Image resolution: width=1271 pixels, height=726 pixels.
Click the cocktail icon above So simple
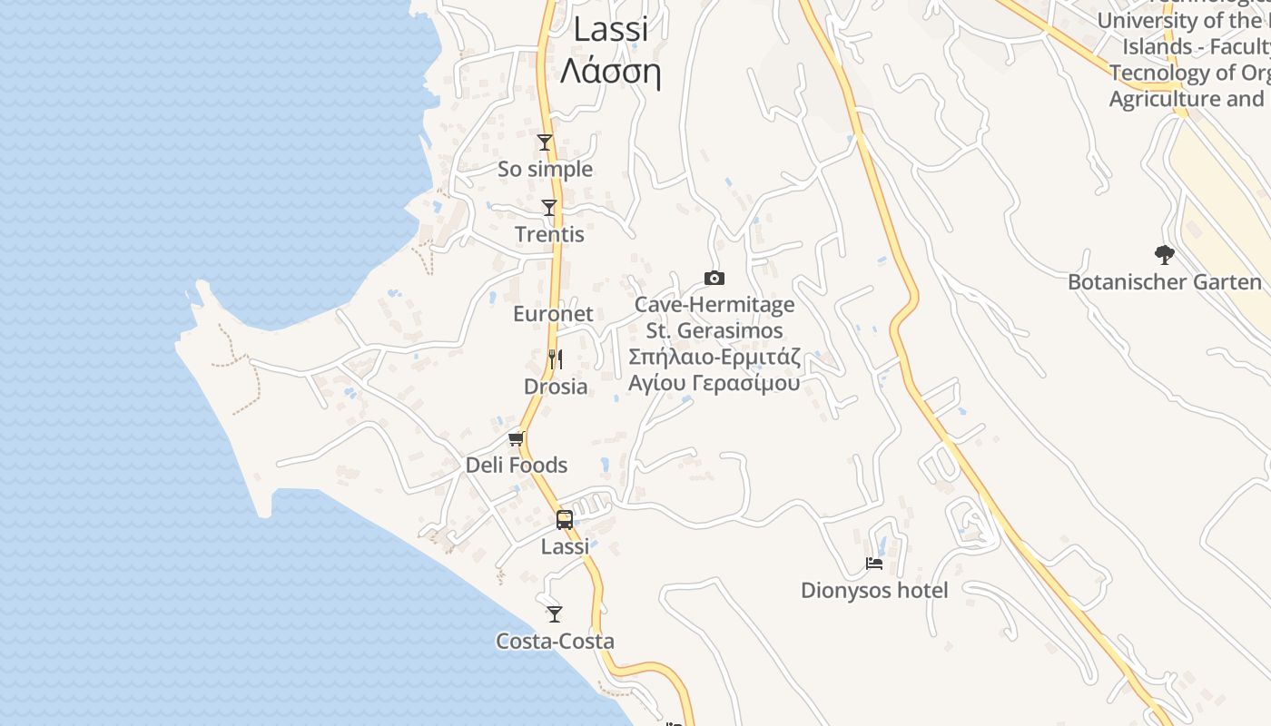coord(545,142)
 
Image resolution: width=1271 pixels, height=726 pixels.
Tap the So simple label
coord(545,170)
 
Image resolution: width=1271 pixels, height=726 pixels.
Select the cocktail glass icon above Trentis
coord(549,208)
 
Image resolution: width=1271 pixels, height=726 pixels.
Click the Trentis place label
coord(549,235)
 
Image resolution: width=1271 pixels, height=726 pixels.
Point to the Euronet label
coord(553,314)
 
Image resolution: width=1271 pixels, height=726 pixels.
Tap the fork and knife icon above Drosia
coord(556,359)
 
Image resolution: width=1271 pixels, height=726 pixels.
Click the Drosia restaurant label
coord(556,387)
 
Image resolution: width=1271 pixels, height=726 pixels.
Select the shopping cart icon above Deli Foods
coord(517,439)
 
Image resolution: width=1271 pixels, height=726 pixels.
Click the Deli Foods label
coord(517,466)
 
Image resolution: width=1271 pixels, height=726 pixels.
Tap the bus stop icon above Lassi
coord(565,520)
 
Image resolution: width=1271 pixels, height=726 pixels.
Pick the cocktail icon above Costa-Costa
coord(555,613)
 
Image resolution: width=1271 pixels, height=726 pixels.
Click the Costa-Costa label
coord(555,642)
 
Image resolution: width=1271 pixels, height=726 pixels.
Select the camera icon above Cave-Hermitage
coord(714,279)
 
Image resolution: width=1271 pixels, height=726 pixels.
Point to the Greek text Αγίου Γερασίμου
coord(714,383)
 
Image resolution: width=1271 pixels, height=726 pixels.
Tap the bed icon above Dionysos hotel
coord(874,564)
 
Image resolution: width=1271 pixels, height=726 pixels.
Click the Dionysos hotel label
coord(874,591)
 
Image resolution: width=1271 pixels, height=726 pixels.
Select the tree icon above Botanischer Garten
coord(1165,255)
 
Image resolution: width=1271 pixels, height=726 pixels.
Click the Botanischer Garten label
coord(1165,282)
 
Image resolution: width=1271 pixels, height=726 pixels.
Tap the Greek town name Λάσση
coord(610,71)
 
